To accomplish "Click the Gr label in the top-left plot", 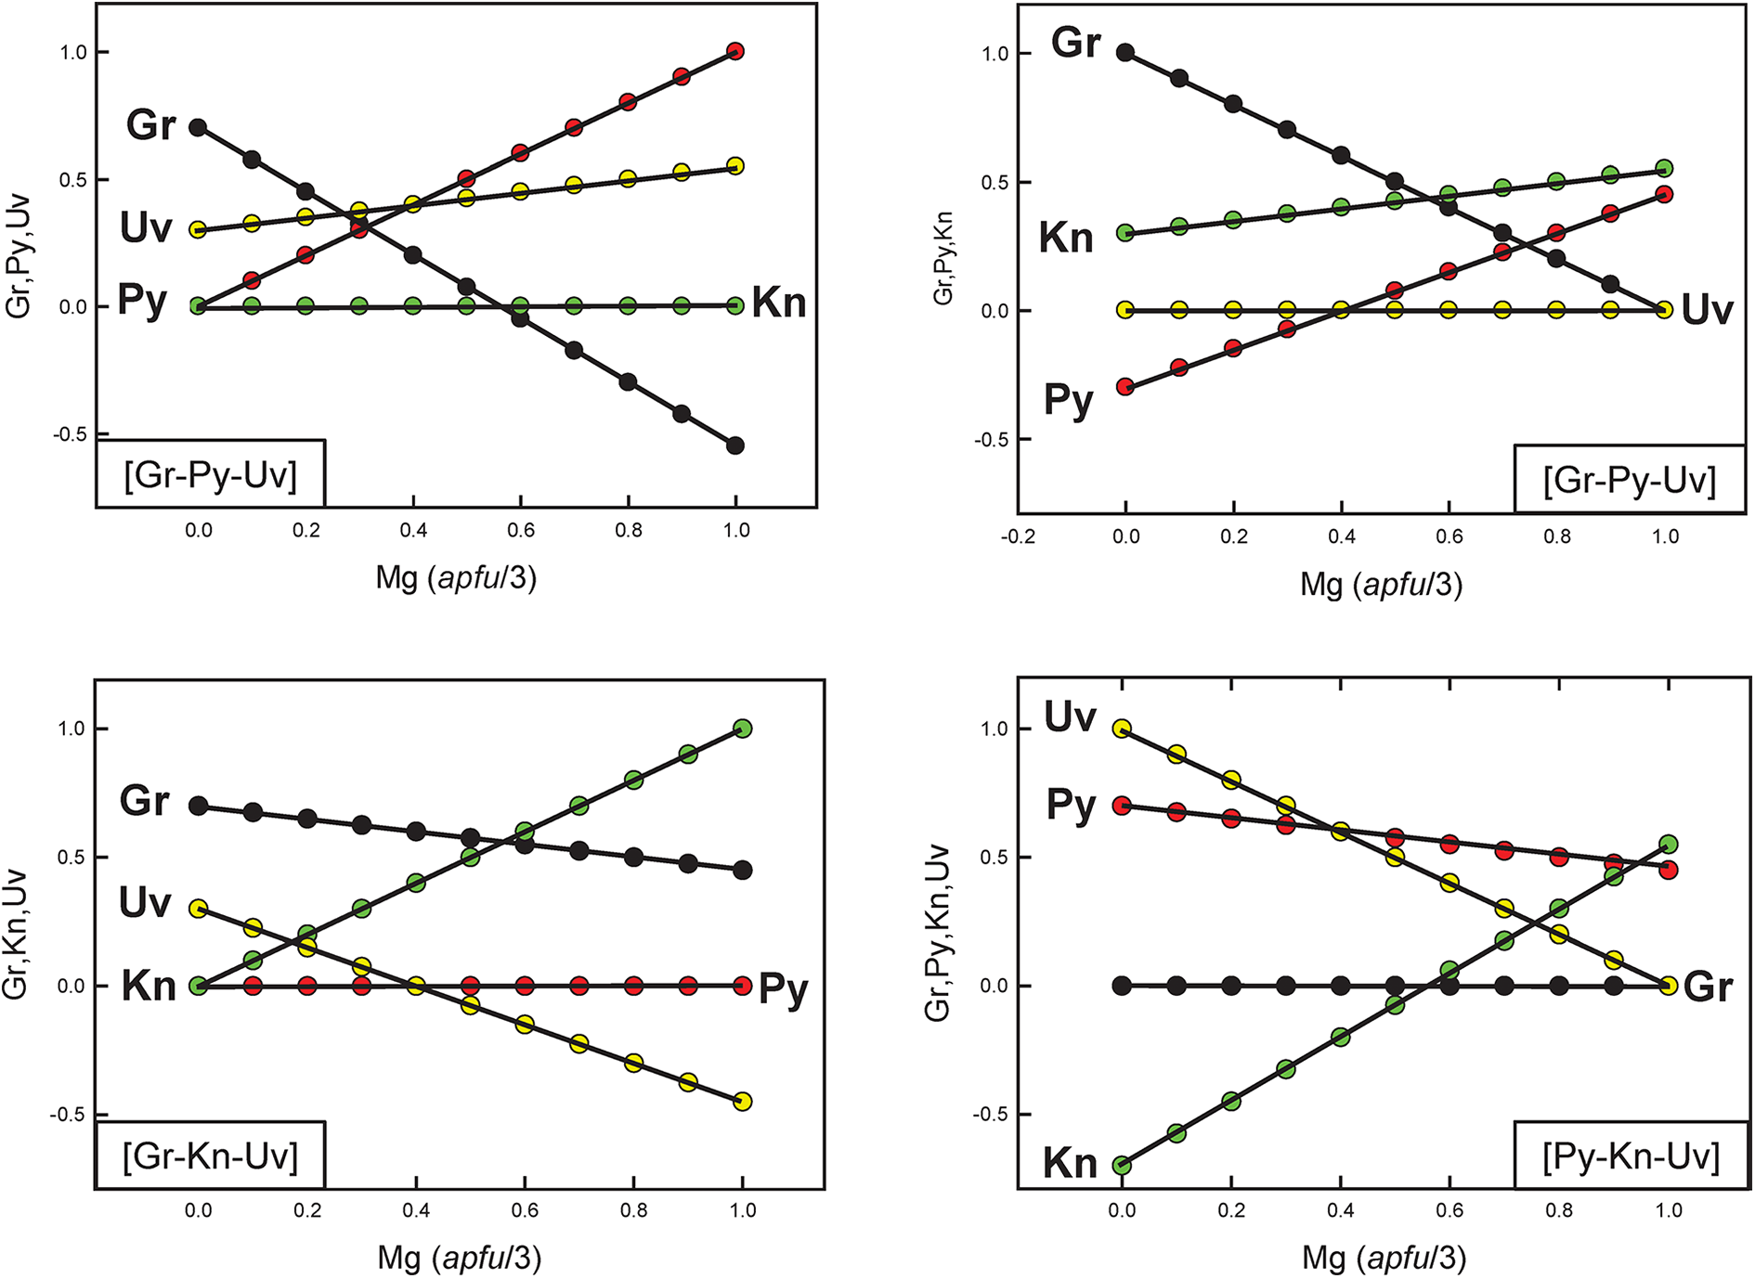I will click(150, 125).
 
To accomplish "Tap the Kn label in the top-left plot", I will click(778, 303).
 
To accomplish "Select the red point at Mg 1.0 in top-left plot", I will click(735, 51).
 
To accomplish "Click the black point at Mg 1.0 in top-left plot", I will click(735, 445).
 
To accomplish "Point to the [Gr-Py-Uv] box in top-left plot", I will click(211, 475).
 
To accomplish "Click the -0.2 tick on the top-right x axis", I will click(1018, 536).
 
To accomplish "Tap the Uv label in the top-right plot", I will click(1707, 310).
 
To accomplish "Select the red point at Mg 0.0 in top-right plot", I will click(1125, 387).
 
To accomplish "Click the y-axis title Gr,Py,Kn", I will click(943, 258).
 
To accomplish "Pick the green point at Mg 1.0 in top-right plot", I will click(1664, 168).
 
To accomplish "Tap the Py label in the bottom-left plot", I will click(783, 988).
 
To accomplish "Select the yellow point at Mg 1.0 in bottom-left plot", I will click(742, 1102).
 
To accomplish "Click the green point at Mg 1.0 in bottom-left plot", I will click(742, 729).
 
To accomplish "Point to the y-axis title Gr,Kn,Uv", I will click(16, 935).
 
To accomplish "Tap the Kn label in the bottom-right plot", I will click(1070, 1163).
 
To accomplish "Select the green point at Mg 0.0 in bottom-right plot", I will click(1123, 1165).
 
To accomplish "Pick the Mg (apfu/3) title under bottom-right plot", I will click(1384, 1258).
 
